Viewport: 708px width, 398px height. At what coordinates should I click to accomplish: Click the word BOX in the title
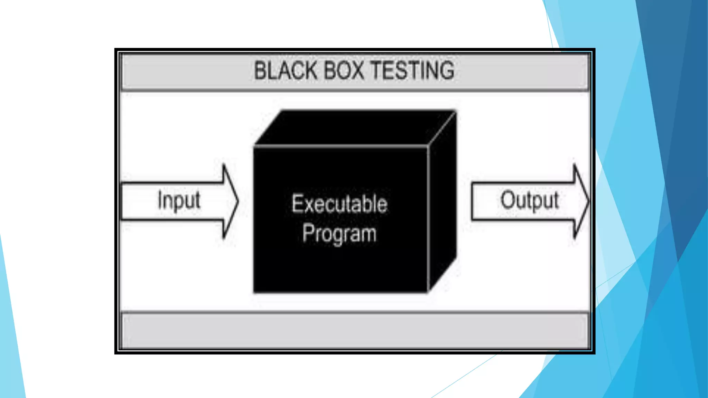pos(344,70)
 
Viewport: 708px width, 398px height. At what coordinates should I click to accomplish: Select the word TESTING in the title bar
pos(412,70)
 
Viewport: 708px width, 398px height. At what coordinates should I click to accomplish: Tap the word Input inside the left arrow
pos(179,200)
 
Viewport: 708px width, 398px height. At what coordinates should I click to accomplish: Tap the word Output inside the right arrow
pos(529,200)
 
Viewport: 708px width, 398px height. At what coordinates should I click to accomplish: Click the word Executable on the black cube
pos(339,204)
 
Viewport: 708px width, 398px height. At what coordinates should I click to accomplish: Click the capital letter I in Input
pos(160,199)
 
